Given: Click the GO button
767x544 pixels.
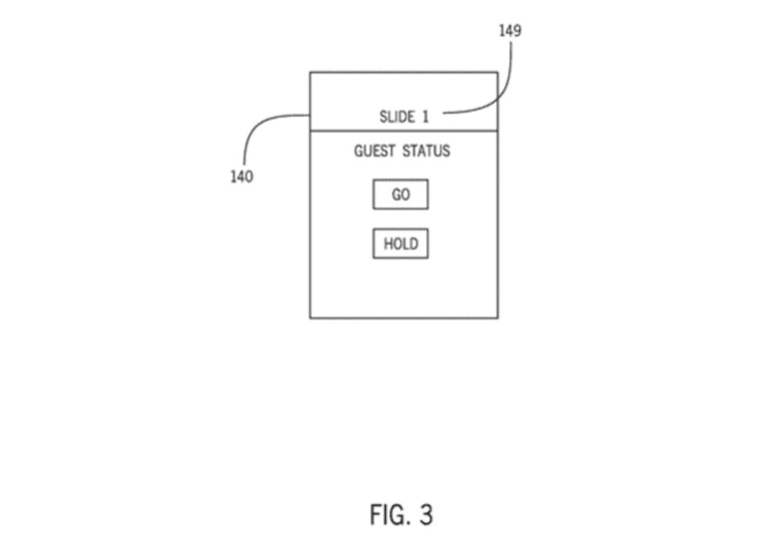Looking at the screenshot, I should pos(400,195).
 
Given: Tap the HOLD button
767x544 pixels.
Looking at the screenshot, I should pos(400,244).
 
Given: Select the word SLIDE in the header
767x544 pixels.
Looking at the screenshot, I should pos(397,117).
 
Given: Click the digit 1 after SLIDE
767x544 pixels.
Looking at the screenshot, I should pos(426,117).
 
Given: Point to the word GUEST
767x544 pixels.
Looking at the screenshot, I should pos(374,151).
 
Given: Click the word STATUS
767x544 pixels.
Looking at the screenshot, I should pos(427,151).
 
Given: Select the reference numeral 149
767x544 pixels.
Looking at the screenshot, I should pos(510,31).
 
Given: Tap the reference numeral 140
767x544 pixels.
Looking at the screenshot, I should pos(241,177).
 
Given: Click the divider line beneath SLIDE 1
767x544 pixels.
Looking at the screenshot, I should pos(403,131).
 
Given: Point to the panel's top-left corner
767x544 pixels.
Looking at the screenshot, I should pos(310,73).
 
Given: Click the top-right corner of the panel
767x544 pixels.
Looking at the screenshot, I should pos(497,73).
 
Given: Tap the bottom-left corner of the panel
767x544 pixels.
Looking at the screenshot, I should pos(310,318).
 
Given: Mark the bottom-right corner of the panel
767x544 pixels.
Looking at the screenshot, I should pos(497,318).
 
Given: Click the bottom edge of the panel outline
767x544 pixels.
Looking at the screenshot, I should pos(403,318).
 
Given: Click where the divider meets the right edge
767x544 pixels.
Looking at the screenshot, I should pos(497,131).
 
